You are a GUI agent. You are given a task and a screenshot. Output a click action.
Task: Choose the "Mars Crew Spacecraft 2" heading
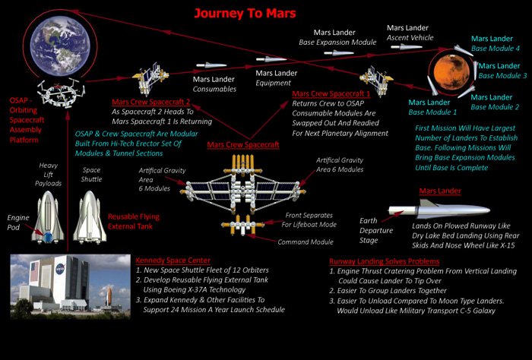150,102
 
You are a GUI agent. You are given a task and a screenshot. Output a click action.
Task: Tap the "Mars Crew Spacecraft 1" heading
331,94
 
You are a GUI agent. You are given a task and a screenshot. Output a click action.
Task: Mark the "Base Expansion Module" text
344,43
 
